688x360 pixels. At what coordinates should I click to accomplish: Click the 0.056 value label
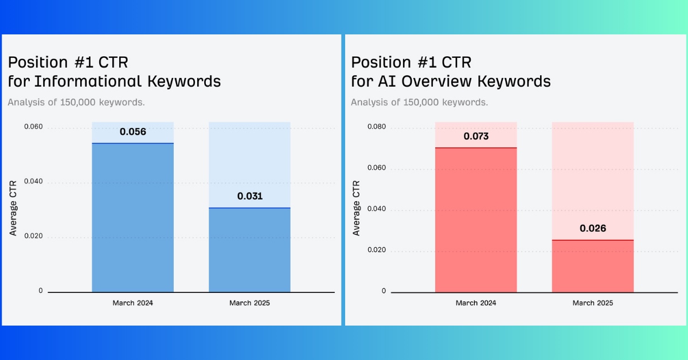(132, 132)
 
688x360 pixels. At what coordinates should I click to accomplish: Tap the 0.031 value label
(250, 196)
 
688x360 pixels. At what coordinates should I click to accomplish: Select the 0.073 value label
(476, 136)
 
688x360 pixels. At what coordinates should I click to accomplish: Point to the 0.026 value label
(593, 229)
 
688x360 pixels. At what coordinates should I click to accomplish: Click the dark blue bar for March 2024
(132, 217)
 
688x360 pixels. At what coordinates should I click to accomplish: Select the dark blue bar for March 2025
(250, 250)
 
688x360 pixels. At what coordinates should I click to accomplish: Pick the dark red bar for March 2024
(476, 220)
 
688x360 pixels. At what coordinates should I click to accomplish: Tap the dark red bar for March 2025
(593, 266)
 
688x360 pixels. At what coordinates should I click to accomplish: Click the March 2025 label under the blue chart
(249, 303)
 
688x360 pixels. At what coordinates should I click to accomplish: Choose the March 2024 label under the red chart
(476, 303)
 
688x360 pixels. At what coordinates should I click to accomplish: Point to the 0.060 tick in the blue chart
(33, 127)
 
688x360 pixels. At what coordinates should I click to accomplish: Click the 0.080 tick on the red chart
(377, 127)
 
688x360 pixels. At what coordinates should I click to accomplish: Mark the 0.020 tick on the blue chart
(33, 236)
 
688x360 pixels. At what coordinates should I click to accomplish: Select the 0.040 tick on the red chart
(377, 209)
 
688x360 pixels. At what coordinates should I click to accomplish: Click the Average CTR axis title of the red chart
(356, 208)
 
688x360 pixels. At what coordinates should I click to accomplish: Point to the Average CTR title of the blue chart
(13, 208)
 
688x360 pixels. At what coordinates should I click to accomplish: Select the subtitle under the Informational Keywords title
(76, 102)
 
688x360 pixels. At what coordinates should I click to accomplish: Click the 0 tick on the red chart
(384, 291)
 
